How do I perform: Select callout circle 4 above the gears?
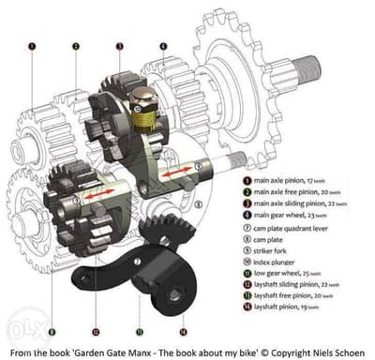click(x=162, y=44)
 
